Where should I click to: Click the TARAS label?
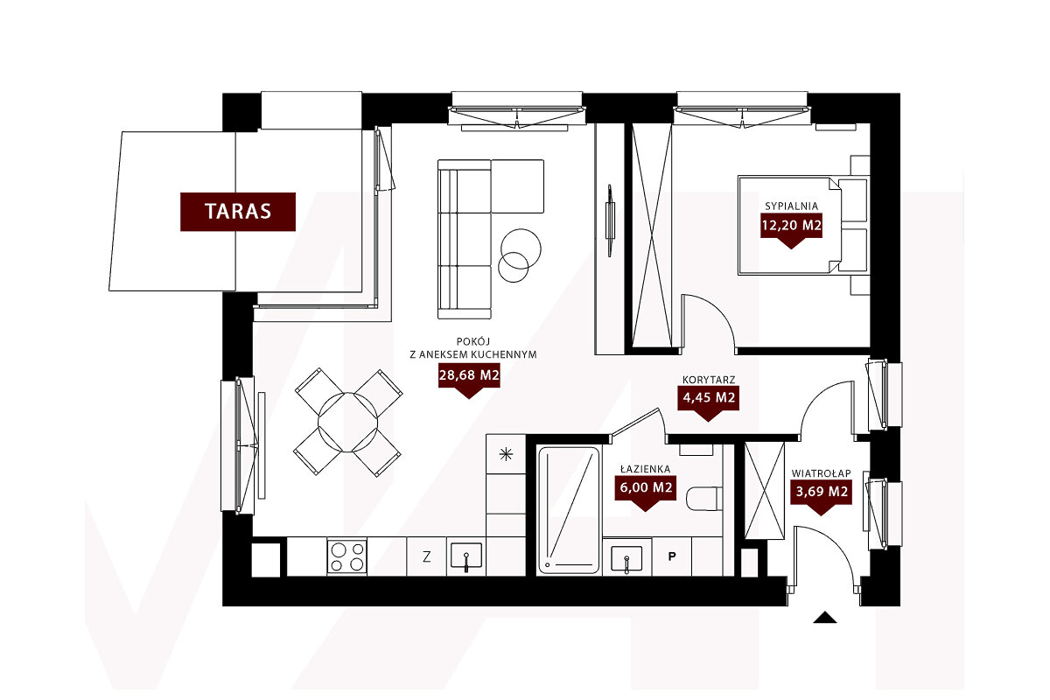click(x=238, y=212)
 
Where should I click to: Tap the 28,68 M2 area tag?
click(x=469, y=375)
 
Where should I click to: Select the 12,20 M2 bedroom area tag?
click(x=791, y=226)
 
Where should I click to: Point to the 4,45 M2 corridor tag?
click(x=708, y=398)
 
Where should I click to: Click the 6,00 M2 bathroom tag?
click(x=646, y=488)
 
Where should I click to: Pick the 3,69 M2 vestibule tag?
click(x=822, y=492)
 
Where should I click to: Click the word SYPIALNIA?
click(x=791, y=206)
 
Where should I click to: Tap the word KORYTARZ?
click(x=709, y=380)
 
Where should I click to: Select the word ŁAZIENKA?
click(x=646, y=469)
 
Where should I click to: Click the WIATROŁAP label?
click(x=822, y=473)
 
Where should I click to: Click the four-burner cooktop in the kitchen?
click(x=346, y=556)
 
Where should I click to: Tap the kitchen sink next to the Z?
click(x=465, y=556)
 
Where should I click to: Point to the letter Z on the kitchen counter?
click(x=427, y=557)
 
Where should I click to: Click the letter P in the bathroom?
click(x=672, y=556)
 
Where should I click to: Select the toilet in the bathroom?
click(x=704, y=499)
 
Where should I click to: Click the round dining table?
click(x=348, y=422)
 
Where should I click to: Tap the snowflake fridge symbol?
click(x=506, y=454)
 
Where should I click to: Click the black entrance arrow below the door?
click(x=825, y=618)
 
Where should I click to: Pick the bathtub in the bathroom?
click(x=569, y=510)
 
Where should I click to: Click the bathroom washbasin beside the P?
click(x=626, y=559)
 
